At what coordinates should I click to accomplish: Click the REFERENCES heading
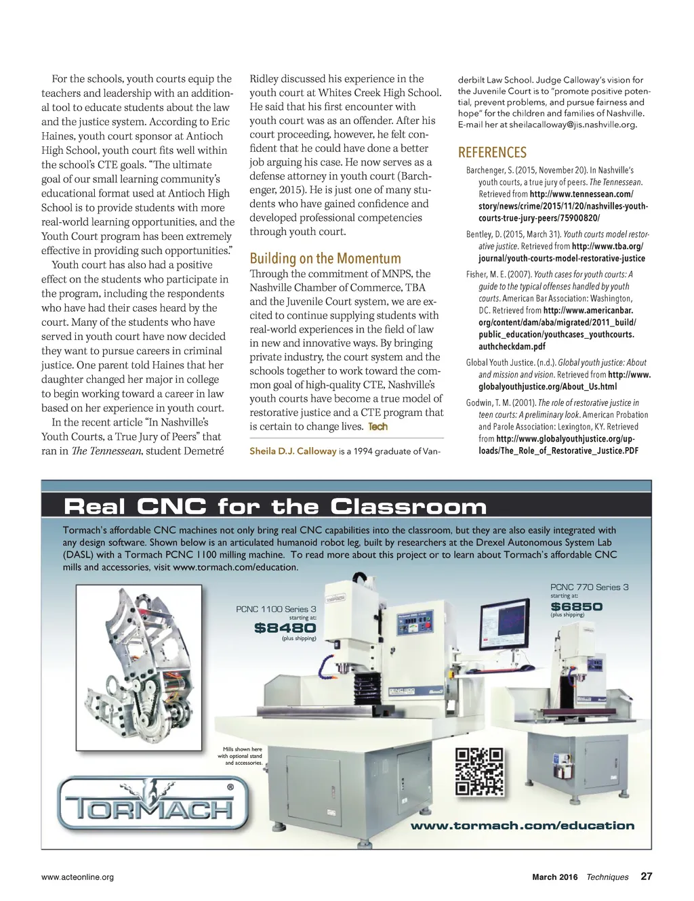[x=492, y=152]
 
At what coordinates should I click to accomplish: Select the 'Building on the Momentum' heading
[x=325, y=258]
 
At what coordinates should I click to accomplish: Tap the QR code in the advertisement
[x=479, y=771]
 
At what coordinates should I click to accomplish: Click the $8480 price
[x=285, y=628]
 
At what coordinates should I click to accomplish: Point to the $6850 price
[x=576, y=606]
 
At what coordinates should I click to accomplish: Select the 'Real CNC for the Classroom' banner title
[x=274, y=507]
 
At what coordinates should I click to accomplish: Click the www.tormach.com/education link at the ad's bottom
[x=523, y=825]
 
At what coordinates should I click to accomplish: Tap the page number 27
[x=647, y=876]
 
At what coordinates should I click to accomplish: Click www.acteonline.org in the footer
[x=77, y=877]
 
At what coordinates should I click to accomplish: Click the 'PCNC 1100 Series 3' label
[x=276, y=609]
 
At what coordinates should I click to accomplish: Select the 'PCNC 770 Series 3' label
[x=589, y=587]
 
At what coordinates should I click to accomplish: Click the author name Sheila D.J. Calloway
[x=293, y=450]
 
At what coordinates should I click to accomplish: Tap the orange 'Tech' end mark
[x=377, y=427]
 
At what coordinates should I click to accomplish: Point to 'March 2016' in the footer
[x=554, y=877]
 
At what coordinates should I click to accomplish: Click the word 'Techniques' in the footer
[x=607, y=877]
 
